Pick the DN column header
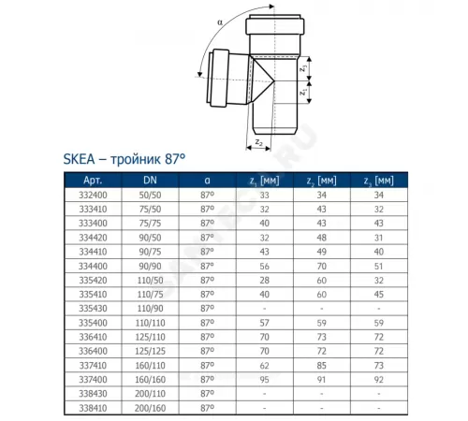coord(149,180)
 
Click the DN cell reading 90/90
coord(149,267)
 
